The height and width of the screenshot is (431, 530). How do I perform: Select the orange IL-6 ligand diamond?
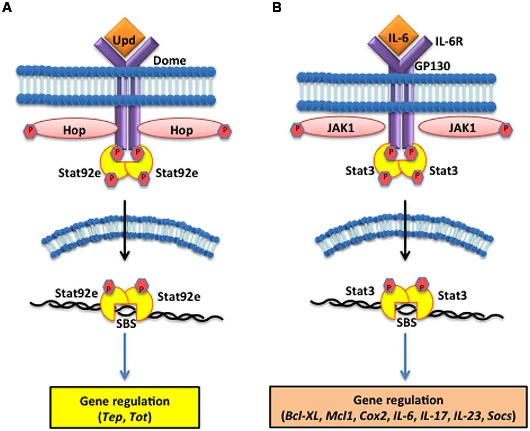[x=398, y=38]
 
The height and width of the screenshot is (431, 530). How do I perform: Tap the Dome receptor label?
[x=170, y=61]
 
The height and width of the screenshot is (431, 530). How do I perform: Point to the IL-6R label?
[x=449, y=41]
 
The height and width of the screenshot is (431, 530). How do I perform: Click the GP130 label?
[x=432, y=66]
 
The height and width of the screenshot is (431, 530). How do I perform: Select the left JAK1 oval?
[x=340, y=128]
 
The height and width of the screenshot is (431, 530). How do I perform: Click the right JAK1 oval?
[x=462, y=128]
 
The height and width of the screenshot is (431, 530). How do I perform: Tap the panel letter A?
[x=7, y=7]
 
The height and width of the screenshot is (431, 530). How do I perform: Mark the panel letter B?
[x=277, y=7]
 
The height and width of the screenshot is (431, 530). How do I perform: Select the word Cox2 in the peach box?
[x=372, y=416]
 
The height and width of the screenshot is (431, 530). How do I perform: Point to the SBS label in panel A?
[x=126, y=324]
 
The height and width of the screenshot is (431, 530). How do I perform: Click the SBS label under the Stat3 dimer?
[x=406, y=323]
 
